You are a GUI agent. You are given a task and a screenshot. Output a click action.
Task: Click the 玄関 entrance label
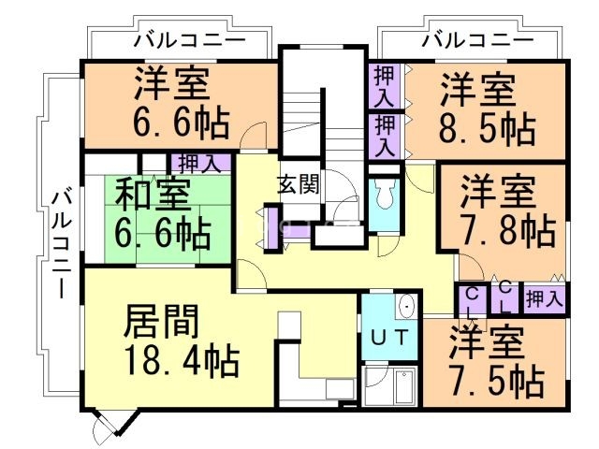click(x=298, y=184)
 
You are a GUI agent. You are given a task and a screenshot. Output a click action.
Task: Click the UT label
click(x=388, y=339)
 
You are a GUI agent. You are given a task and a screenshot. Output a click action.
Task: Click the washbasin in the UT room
click(x=405, y=308)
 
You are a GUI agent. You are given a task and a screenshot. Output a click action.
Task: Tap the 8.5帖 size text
click(x=489, y=126)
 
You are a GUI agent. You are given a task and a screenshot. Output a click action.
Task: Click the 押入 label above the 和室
click(x=199, y=164)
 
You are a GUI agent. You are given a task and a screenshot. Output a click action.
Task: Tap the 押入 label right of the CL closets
click(x=544, y=299)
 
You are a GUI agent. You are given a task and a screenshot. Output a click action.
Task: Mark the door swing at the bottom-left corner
click(x=104, y=431)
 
